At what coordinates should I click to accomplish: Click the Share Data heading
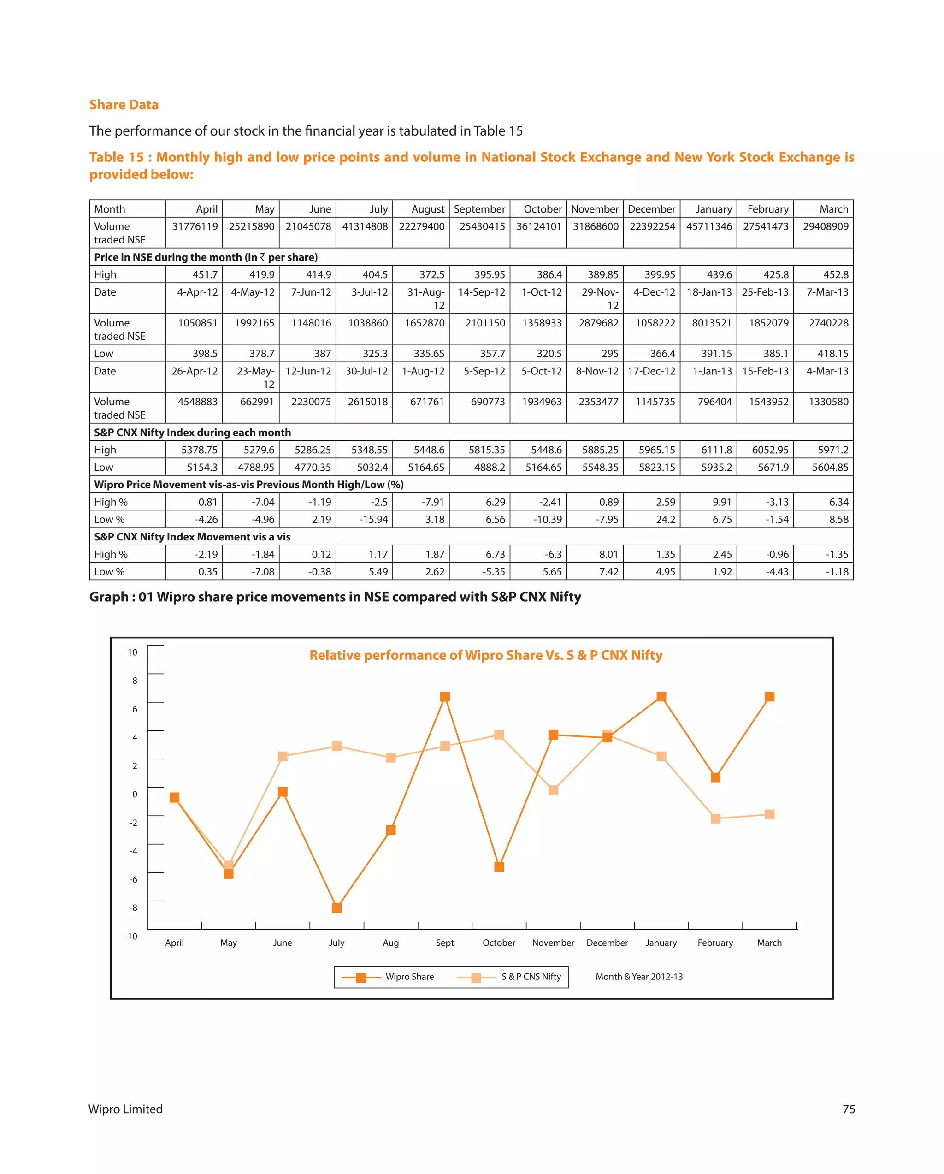tap(124, 105)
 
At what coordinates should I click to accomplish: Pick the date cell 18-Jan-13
tap(709, 292)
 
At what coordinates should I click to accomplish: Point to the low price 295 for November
tap(609, 353)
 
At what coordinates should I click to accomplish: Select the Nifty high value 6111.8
tap(716, 450)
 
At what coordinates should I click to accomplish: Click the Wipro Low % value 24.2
tap(665, 520)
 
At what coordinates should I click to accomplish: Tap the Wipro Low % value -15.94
tap(373, 520)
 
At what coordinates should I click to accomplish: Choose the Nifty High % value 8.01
tap(608, 554)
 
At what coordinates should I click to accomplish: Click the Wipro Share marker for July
tap(336, 908)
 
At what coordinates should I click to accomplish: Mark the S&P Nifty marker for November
tap(553, 789)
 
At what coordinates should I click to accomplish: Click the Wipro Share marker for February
tap(715, 777)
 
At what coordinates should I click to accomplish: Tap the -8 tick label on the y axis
tap(133, 908)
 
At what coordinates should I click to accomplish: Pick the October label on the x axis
tap(499, 943)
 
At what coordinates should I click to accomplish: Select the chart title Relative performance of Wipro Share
tap(486, 655)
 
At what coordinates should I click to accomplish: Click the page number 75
tap(848, 1109)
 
